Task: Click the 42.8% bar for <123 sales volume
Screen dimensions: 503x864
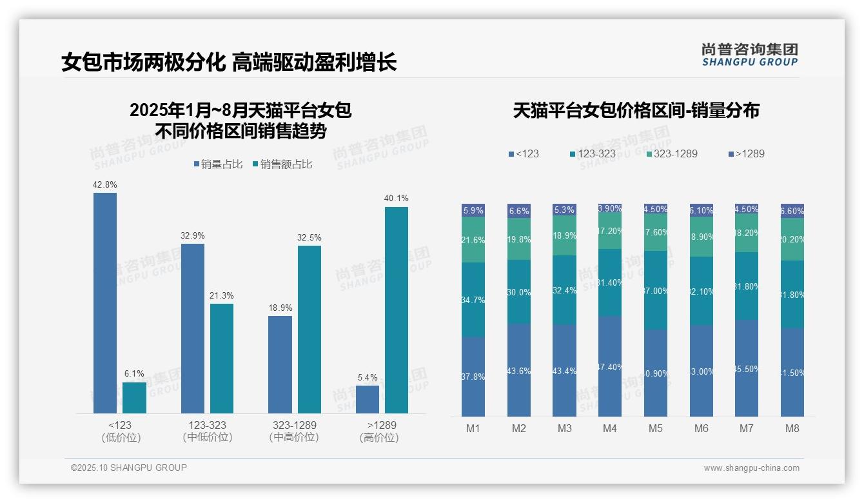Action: point(105,303)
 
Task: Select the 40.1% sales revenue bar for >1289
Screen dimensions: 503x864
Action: point(397,310)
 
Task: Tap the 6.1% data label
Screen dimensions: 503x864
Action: point(134,373)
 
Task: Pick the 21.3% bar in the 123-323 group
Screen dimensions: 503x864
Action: point(222,358)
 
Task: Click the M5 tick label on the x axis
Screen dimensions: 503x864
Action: point(656,428)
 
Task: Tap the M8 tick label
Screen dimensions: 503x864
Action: point(792,428)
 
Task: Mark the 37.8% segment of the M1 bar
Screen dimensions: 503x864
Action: point(473,377)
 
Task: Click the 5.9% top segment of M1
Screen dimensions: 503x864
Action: point(473,210)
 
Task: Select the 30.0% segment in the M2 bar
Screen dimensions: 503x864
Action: point(519,292)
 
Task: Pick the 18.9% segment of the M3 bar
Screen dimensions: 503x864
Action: point(564,235)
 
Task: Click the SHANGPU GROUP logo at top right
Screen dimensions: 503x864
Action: point(750,54)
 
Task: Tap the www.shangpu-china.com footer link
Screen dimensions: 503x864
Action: point(751,468)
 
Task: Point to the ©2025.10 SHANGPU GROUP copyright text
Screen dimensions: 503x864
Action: point(129,468)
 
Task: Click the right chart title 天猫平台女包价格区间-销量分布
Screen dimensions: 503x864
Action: point(636,111)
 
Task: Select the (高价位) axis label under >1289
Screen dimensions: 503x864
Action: point(379,437)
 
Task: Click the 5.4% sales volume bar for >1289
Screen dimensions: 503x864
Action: point(368,399)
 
